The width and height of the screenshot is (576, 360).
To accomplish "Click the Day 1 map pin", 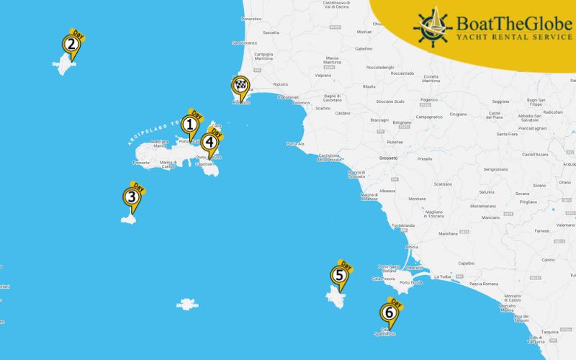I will pos(190,126).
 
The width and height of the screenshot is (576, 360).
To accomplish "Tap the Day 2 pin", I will pos(71,45).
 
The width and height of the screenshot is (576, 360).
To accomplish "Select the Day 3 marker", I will pos(131,197).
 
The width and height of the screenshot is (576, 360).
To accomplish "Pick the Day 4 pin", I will pos(210,142).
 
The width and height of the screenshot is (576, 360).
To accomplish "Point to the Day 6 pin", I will pos(389,312).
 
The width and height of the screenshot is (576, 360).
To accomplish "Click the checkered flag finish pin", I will pos(239,86).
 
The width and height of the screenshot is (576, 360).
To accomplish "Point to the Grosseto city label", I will pos(389,158).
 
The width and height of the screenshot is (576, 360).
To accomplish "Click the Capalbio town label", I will pos(467,263).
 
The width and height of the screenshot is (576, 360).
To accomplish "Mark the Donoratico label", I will pos(251,18).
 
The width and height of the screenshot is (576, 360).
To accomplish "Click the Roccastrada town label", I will pos(402,73).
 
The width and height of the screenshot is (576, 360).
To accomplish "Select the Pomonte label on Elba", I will pos(141,163).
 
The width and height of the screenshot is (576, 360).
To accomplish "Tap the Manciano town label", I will pos(490,217).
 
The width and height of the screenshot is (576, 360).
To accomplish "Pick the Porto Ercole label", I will pos(410,282).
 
